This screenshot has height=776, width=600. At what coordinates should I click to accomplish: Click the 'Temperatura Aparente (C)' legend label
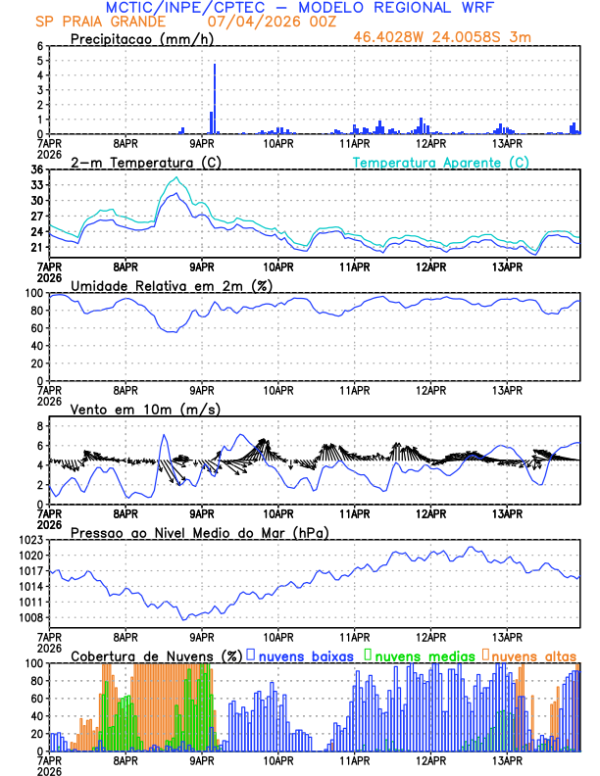440,162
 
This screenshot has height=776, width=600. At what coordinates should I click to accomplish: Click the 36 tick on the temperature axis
36,170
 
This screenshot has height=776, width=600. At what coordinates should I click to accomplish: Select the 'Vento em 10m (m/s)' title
132,409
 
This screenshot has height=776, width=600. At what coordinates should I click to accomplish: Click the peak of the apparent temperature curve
175,177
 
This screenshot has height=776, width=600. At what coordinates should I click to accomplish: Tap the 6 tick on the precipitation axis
39,46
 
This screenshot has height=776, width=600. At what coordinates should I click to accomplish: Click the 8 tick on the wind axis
39,426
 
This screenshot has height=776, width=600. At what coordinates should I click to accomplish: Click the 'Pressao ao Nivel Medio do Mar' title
199,532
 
